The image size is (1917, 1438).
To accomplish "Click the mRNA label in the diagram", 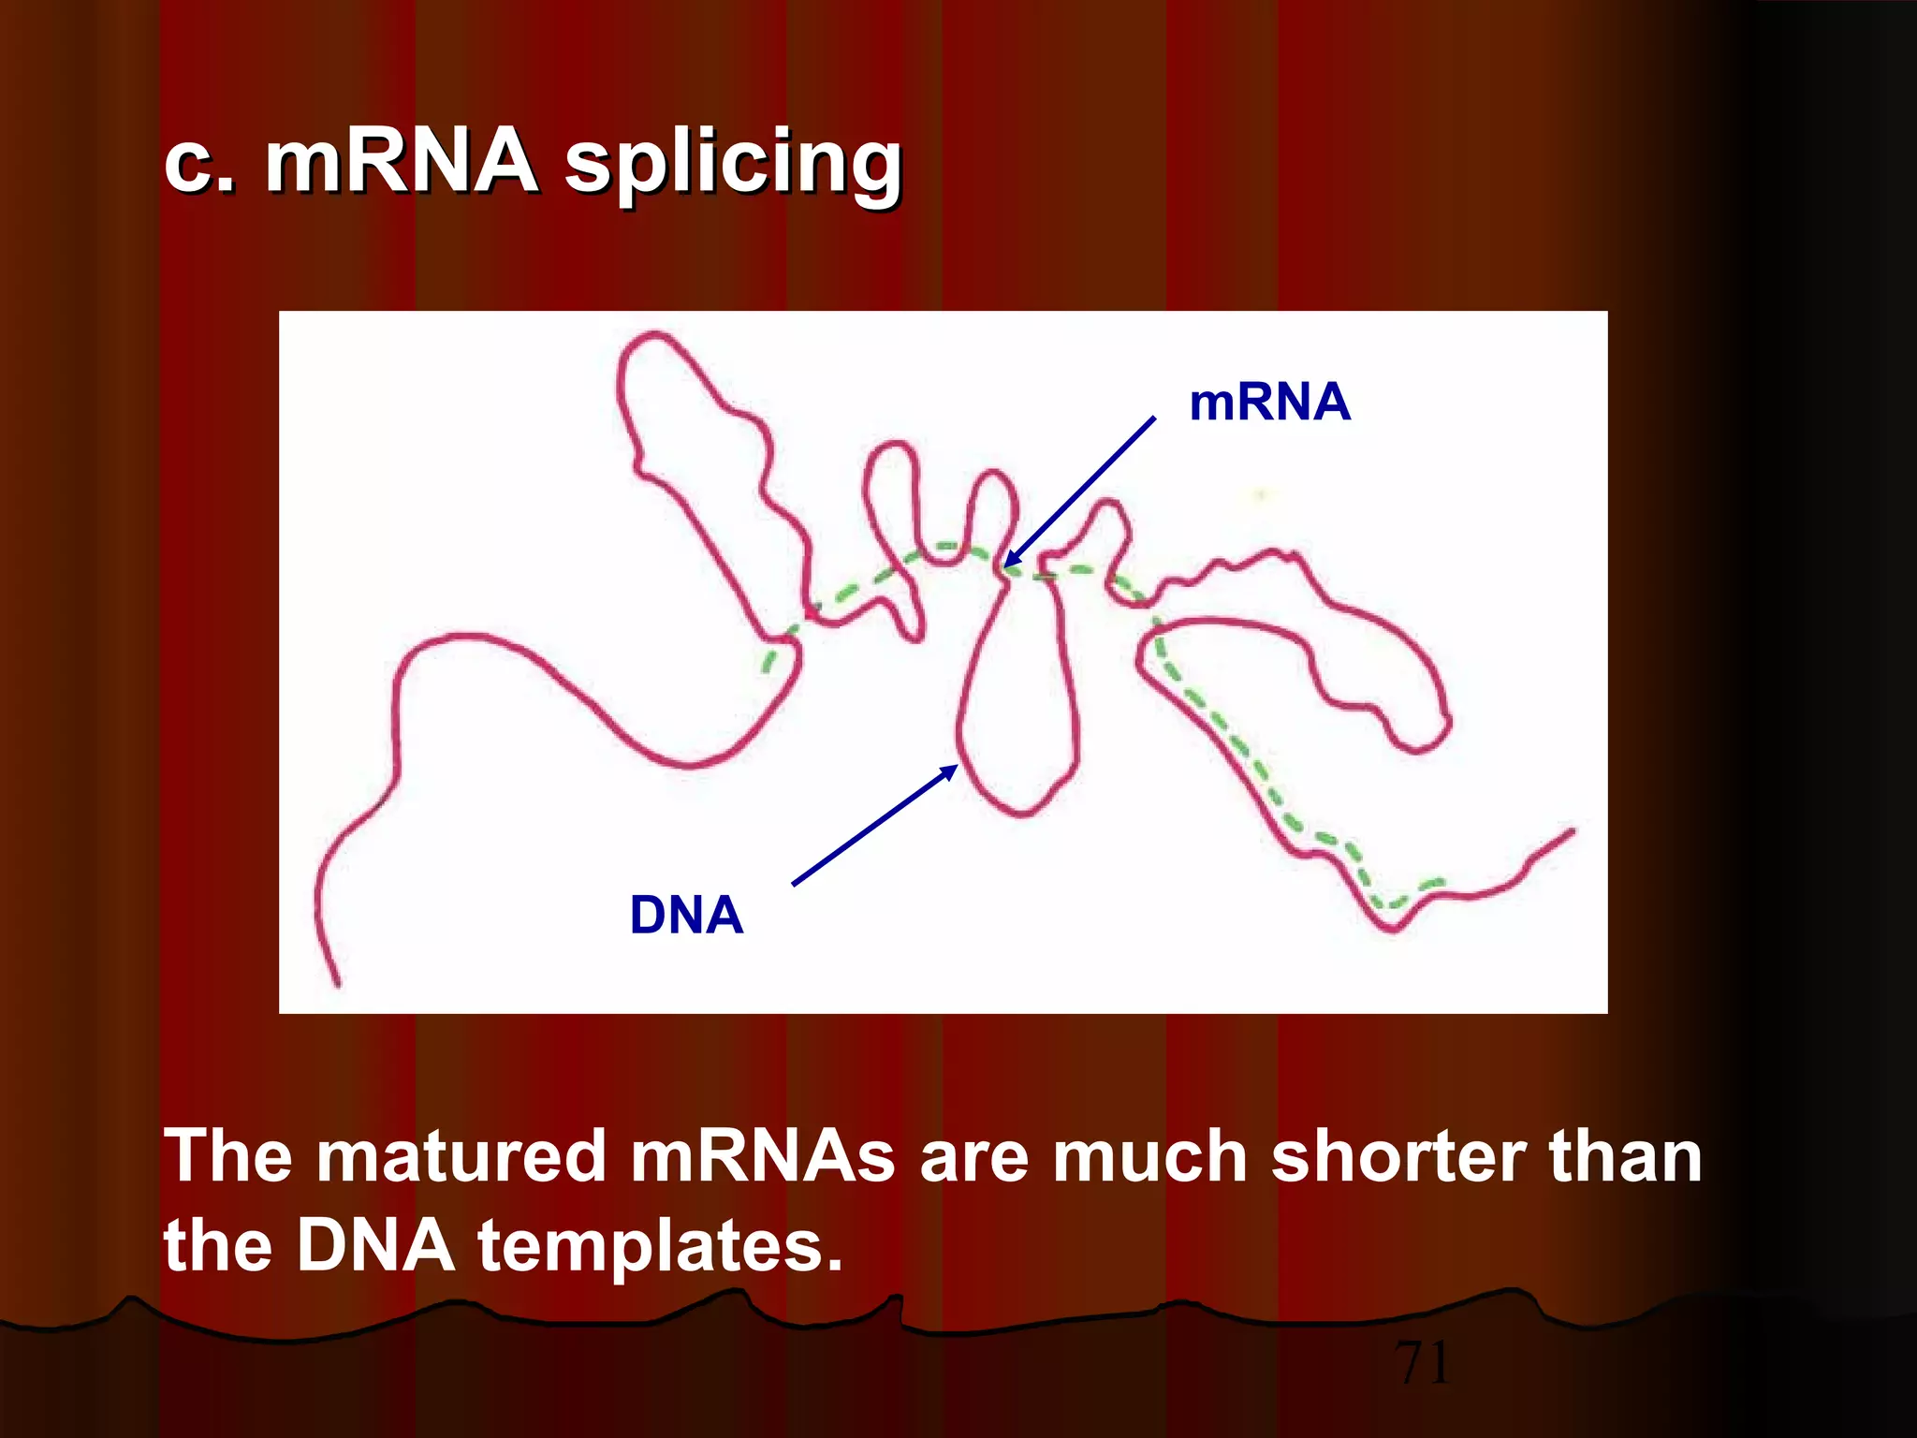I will (1269, 403).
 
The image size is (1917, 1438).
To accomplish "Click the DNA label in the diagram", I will (686, 915).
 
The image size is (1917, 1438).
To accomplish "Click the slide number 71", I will (1423, 1362).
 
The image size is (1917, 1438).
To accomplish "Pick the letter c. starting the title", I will (199, 164).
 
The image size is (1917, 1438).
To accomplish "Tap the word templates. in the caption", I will (660, 1247).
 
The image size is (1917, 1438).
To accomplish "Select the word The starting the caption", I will (228, 1156).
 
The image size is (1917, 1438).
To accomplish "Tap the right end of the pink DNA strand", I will (1572, 830).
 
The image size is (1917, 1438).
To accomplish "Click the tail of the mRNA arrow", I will (1153, 418).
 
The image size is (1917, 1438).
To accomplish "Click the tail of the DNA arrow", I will (795, 883).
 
